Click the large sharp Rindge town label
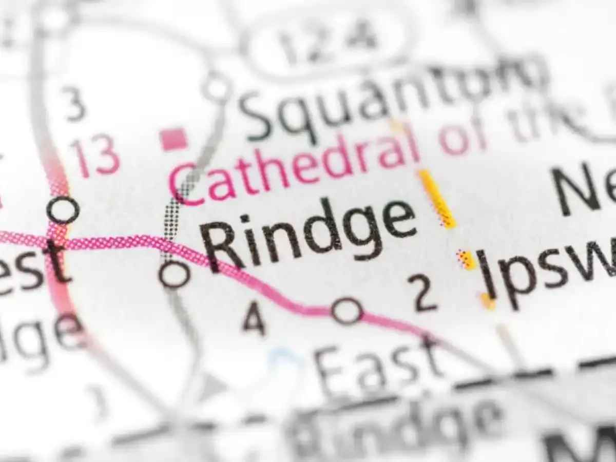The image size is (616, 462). [308, 231]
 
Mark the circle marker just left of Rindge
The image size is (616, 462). [175, 274]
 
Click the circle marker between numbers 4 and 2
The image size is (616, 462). [347, 310]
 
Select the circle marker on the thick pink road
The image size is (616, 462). [63, 209]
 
